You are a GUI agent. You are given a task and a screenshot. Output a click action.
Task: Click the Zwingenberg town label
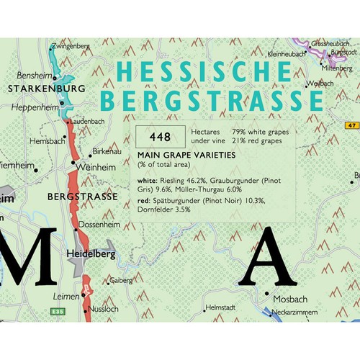click(71, 47)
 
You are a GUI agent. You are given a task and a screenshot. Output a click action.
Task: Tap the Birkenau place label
click(107, 153)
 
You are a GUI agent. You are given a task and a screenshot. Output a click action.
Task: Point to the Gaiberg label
click(120, 280)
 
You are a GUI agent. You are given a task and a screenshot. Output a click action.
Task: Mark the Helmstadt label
click(220, 307)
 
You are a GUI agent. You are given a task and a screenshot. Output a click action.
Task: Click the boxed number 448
click(160, 136)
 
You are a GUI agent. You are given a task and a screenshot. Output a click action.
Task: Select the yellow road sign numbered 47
click(351, 125)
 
